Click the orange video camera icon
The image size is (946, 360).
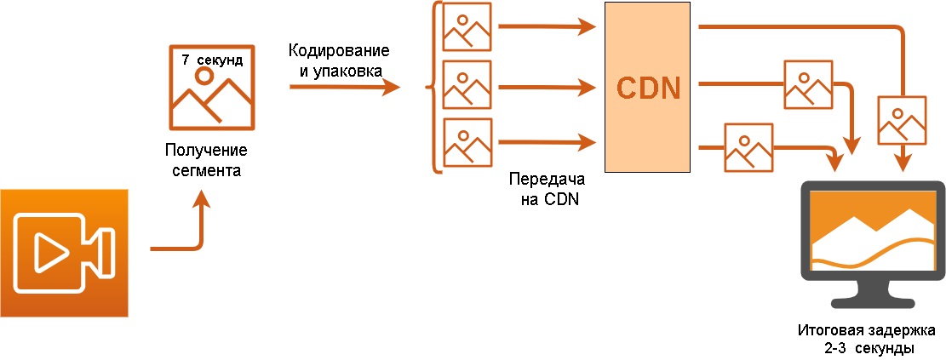[x=64, y=253]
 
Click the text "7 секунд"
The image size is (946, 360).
[x=212, y=60]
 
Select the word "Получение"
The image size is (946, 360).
[x=205, y=151]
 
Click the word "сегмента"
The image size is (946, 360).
[x=205, y=170]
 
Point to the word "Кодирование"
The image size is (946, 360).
[x=339, y=49]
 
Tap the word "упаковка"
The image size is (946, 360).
[x=346, y=69]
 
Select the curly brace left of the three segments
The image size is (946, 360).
[x=435, y=87]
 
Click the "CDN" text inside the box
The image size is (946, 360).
[x=648, y=89]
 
